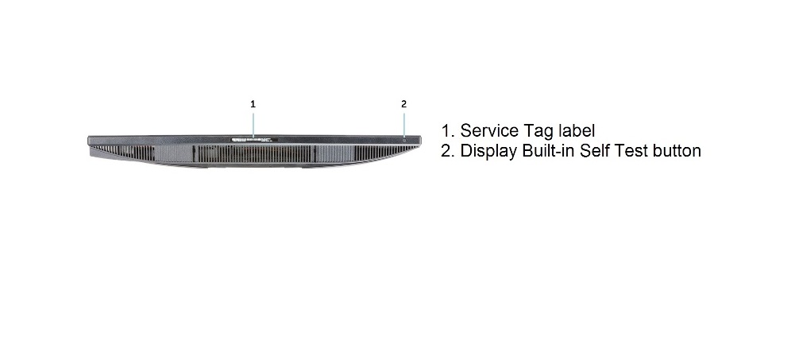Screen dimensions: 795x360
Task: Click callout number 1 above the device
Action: click(x=253, y=104)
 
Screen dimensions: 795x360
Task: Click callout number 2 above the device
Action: click(x=403, y=104)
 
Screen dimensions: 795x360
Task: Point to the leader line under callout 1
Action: click(x=253, y=125)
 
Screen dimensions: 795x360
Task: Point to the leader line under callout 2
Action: click(x=404, y=124)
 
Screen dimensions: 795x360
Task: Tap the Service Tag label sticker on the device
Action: click(x=254, y=139)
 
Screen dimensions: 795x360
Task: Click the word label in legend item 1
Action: click(x=576, y=130)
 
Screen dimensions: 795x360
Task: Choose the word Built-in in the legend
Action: click(x=549, y=150)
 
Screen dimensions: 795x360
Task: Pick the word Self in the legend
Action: click(x=595, y=150)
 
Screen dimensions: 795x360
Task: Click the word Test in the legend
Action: click(x=631, y=150)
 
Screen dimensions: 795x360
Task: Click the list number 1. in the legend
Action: click(x=448, y=131)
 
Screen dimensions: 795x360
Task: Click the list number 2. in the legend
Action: click(x=448, y=151)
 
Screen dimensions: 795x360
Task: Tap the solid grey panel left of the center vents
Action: click(x=173, y=153)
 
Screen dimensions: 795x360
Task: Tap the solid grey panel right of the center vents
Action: click(x=334, y=153)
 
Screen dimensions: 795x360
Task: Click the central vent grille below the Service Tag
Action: click(x=253, y=154)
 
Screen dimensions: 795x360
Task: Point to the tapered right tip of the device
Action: click(x=420, y=141)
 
